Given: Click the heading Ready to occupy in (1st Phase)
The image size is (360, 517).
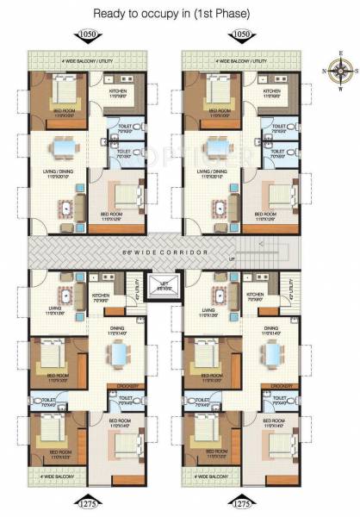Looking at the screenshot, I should (x=180, y=12).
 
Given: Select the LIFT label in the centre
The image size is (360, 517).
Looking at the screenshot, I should (x=160, y=284).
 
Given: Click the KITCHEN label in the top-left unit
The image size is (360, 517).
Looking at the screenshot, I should (x=117, y=93).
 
